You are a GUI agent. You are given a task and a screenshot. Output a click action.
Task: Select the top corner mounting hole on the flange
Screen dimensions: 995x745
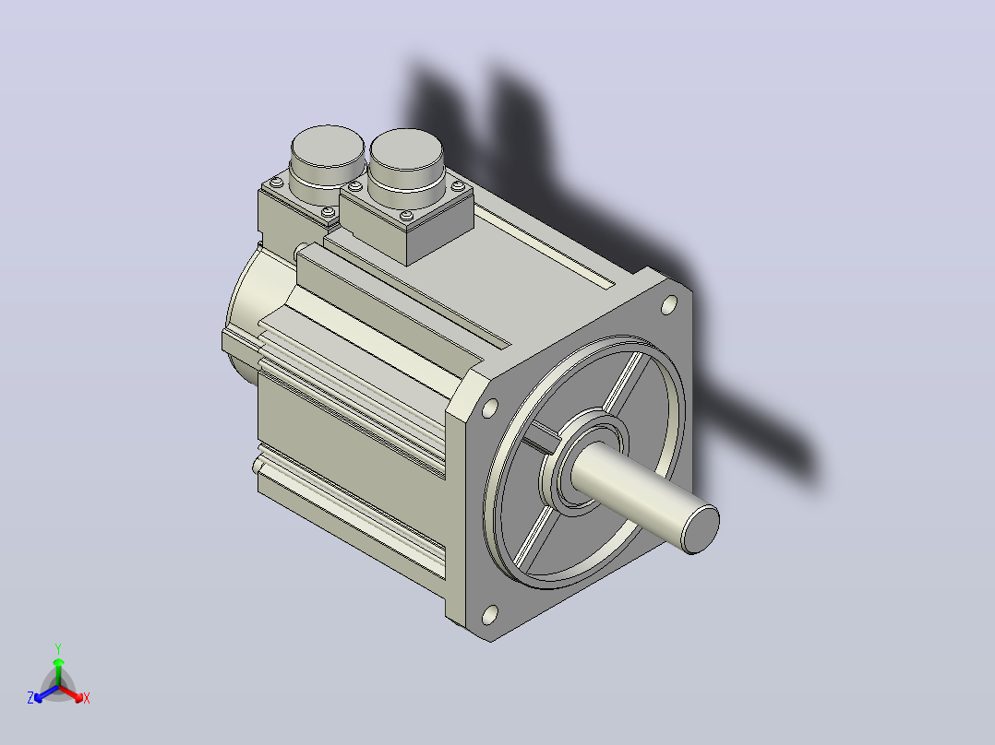668,305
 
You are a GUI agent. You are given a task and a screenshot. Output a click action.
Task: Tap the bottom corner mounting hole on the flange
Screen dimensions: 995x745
489,614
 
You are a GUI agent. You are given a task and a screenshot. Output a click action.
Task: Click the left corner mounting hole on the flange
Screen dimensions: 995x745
489,408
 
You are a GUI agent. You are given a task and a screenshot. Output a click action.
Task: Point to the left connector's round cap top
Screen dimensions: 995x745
328,147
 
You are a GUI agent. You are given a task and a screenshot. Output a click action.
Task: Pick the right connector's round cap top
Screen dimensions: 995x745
406,149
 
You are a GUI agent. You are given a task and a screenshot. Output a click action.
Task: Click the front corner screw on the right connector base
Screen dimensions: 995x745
407,216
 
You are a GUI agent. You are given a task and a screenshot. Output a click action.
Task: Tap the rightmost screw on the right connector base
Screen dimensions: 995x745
458,185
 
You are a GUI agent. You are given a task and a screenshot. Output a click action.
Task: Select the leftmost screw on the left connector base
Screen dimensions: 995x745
277,183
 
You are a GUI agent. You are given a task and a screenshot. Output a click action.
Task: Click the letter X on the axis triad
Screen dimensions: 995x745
87,698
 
